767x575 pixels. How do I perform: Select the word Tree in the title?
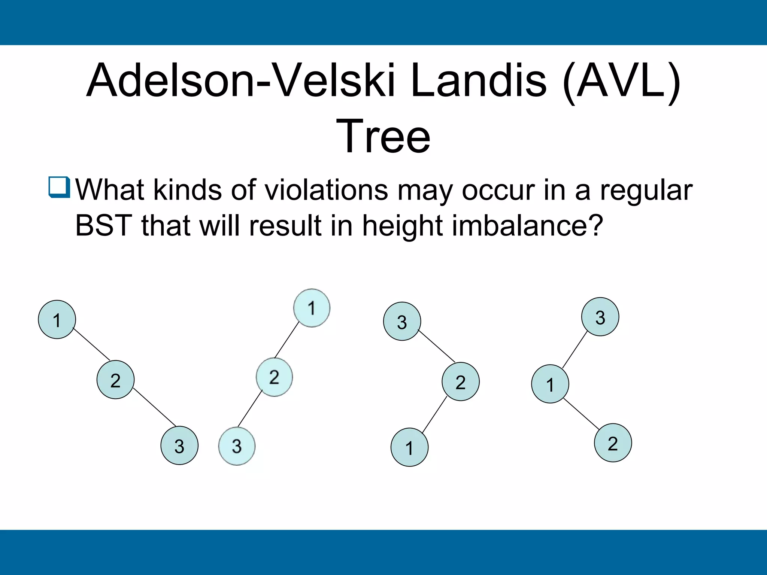click(383, 136)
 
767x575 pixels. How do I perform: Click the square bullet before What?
click(59, 187)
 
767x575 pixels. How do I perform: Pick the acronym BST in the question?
click(104, 226)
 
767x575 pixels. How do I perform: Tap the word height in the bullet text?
click(403, 226)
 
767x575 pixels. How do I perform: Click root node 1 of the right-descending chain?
click(57, 320)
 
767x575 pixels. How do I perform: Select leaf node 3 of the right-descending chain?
click(179, 445)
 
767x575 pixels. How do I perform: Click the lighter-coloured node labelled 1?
click(312, 308)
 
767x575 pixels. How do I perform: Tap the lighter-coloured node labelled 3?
click(237, 446)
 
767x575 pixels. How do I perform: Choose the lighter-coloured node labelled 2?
click(274, 377)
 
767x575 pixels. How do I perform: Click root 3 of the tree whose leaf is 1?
click(402, 321)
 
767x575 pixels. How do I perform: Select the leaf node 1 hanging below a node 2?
click(409, 447)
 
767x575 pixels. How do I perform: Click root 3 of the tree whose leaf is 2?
click(600, 317)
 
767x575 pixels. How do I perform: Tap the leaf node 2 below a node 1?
click(613, 443)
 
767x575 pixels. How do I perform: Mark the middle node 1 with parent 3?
click(550, 384)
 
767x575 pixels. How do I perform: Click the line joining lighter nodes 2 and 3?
click(250, 409)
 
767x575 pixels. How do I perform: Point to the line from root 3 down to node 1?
click(575, 350)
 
